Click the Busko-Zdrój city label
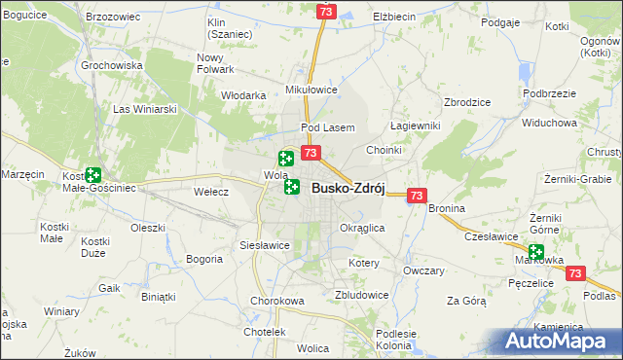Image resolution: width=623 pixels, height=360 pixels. pos(348,189)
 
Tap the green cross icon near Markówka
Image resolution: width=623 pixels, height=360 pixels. pos(535,251)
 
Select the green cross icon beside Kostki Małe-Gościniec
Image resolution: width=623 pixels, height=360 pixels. pos(92,175)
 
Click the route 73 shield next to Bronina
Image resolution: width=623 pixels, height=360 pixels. pos(417,196)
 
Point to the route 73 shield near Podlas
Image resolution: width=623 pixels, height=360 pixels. pos(575,274)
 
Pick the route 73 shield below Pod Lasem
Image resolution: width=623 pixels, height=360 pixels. pos(311,153)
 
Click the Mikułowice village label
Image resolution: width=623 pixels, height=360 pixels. pos(311,89)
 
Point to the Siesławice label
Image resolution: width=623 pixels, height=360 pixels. pos(265,245)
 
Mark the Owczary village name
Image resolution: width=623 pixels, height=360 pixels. pos(423,270)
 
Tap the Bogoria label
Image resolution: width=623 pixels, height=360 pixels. pos(204,259)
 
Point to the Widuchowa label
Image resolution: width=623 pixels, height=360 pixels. pos(549,124)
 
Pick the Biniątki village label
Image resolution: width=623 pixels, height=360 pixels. pos(158,296)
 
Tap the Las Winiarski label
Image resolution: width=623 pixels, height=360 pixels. pos(146,109)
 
